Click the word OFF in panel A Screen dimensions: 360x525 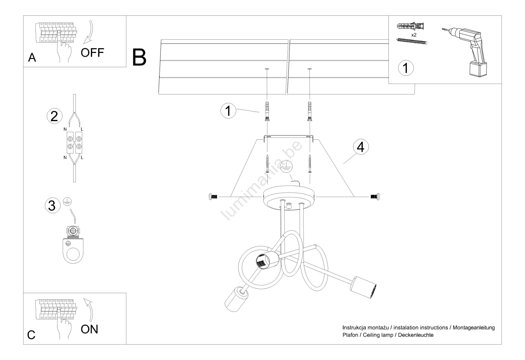point(92,52)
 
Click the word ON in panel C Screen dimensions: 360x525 point(89,329)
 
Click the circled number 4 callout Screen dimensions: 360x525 point(361,147)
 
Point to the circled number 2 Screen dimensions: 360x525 point(54,116)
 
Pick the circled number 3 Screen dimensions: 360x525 point(52,206)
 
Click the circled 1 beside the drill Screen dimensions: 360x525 point(406,68)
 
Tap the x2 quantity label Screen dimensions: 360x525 point(413,34)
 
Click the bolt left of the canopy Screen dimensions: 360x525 point(213,197)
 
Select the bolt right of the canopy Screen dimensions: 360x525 point(375,197)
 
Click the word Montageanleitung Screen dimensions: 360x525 point(473,328)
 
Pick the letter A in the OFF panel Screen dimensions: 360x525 point(32,58)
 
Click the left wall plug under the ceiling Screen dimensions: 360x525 point(266,111)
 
